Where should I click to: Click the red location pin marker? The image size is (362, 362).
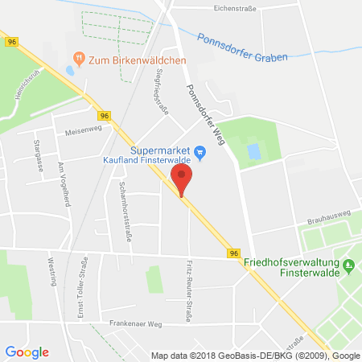pyautogui.click(x=183, y=180)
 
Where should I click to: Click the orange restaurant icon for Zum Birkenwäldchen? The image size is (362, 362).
pyautogui.click(x=78, y=59)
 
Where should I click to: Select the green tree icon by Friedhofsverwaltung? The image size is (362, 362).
pyautogui.click(x=348, y=265)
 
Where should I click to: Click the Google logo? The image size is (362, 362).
pyautogui.click(x=27, y=352)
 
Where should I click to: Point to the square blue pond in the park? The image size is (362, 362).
pyautogui.click(x=254, y=151)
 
